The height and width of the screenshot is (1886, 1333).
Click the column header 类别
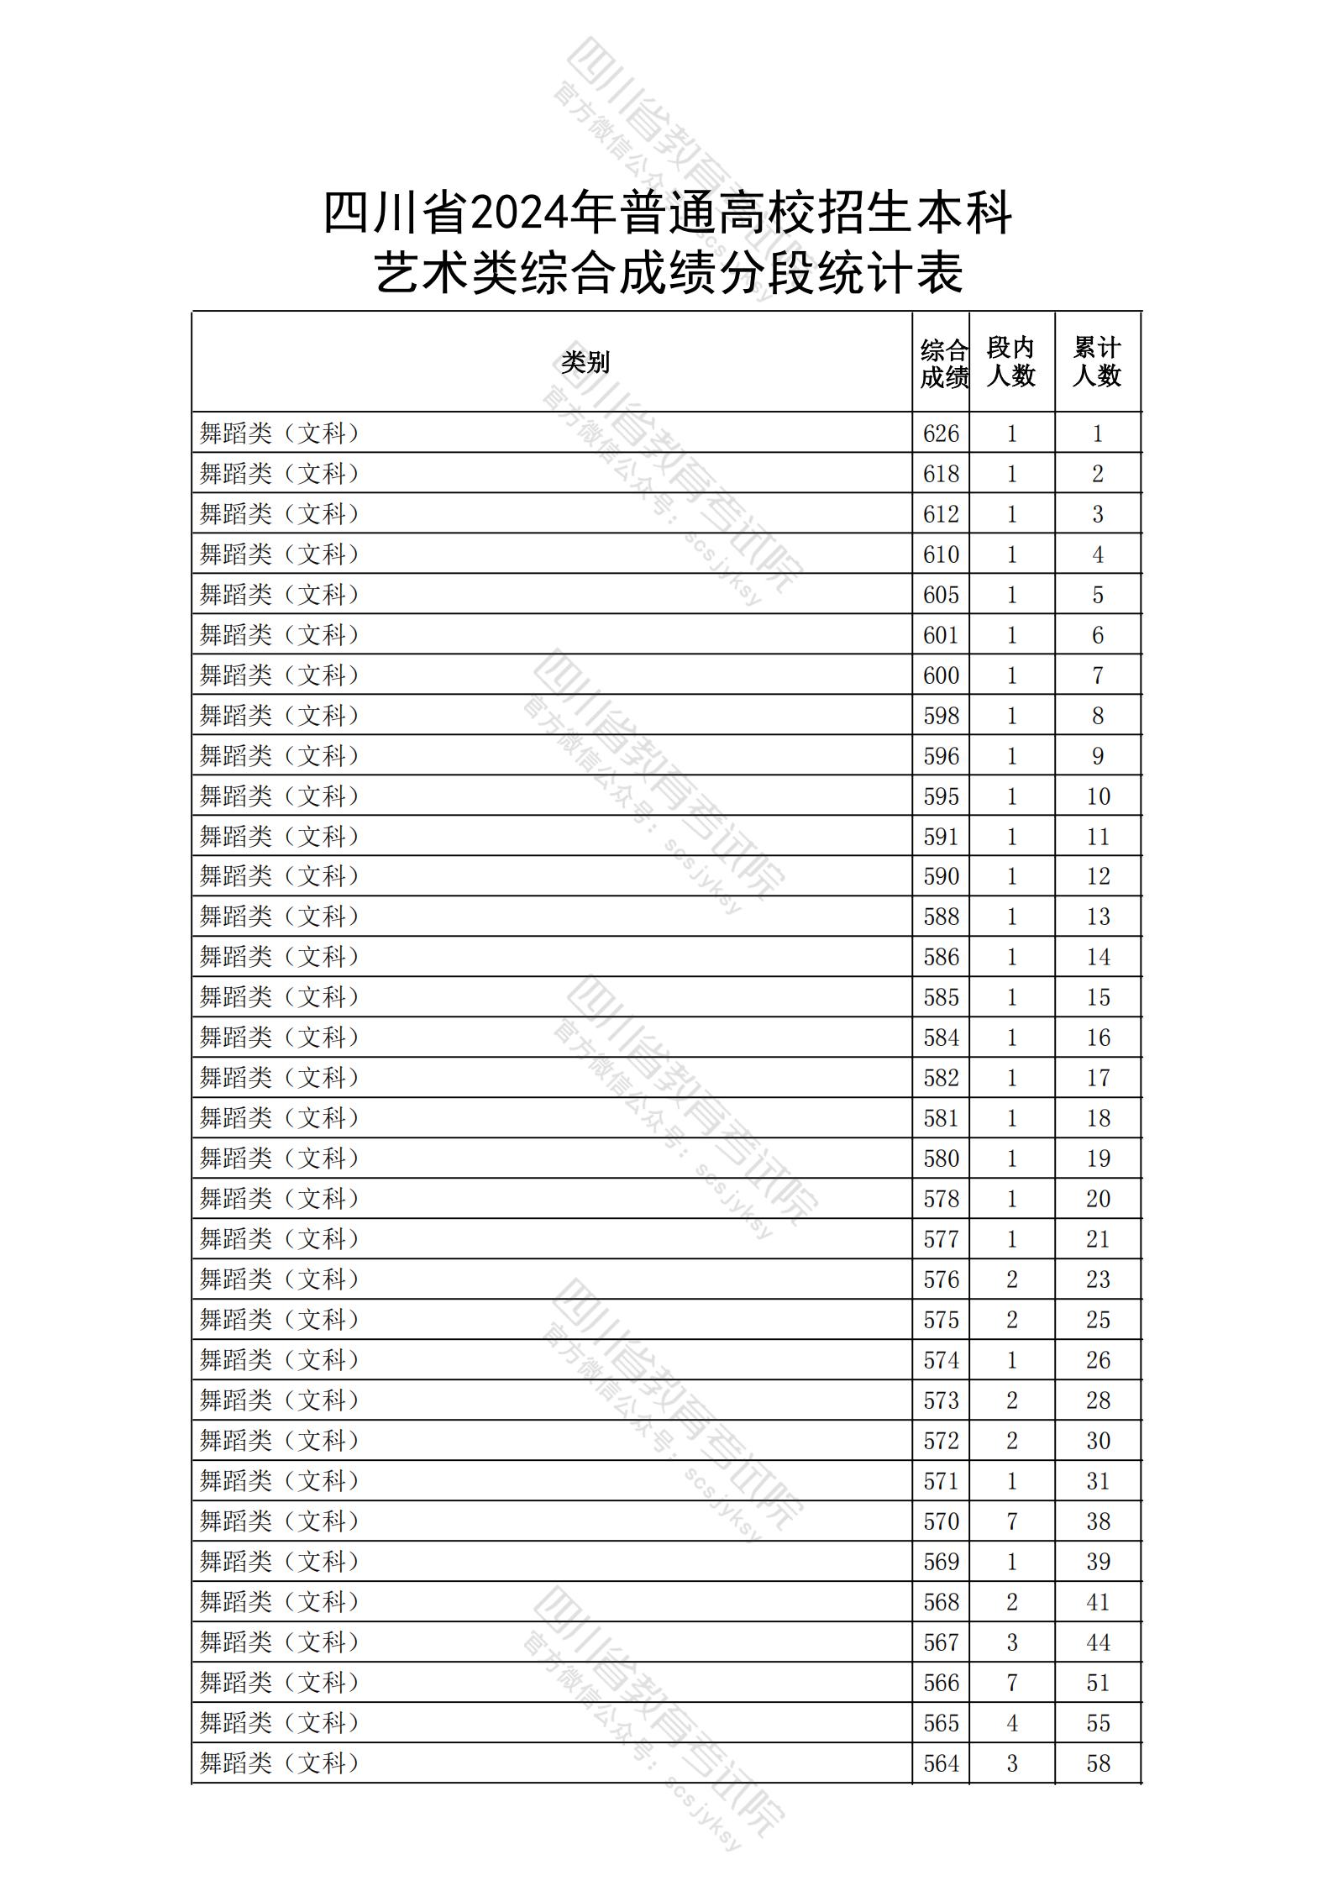[x=585, y=363]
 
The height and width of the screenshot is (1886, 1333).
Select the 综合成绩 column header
[x=942, y=364]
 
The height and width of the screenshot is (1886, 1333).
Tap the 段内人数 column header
[x=1011, y=362]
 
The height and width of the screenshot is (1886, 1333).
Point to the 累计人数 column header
[x=1097, y=362]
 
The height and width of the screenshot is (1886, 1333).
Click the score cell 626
[x=941, y=433]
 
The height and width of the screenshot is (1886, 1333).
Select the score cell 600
[x=941, y=675]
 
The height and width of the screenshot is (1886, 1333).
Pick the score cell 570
[x=941, y=1521]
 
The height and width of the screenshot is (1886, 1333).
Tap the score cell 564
[x=941, y=1763]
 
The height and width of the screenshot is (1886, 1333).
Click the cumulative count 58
[x=1098, y=1763]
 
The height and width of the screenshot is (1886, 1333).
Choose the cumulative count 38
[x=1098, y=1521]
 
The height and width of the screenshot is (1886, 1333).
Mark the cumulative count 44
[x=1098, y=1642]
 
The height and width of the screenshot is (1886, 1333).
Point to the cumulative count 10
[x=1098, y=796]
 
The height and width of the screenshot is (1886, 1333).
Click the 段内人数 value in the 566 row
[x=1012, y=1683]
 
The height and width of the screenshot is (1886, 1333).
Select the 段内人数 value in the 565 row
[x=1012, y=1723]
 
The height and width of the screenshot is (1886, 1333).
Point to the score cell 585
[x=941, y=997]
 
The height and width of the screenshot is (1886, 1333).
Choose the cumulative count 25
[x=1098, y=1320]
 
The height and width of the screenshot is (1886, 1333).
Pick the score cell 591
[x=941, y=837]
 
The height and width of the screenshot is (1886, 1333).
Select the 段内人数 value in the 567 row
[x=1012, y=1642]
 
